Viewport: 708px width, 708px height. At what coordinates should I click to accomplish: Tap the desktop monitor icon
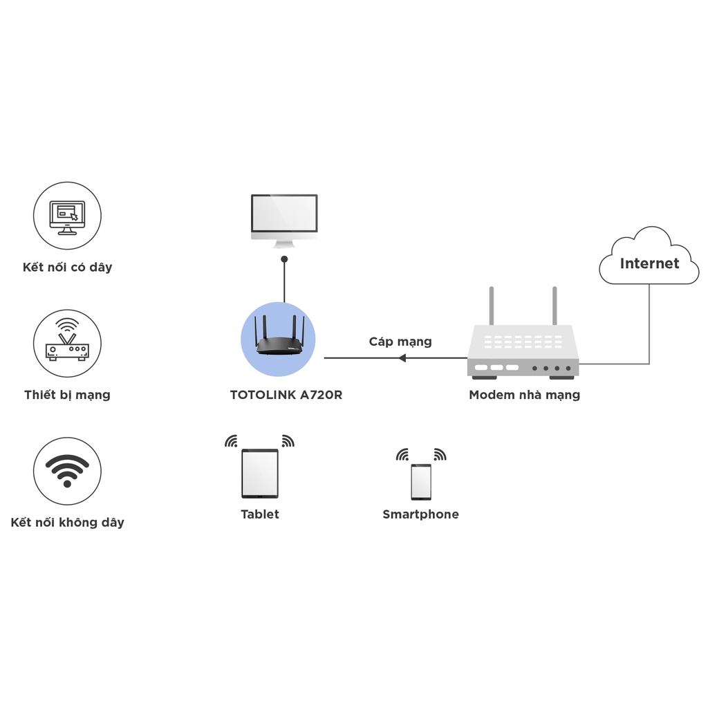(284, 219)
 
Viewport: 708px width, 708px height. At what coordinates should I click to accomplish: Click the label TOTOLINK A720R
(286, 395)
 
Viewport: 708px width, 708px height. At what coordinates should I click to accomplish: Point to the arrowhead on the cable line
(402, 358)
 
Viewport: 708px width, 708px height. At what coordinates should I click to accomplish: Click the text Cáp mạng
(400, 342)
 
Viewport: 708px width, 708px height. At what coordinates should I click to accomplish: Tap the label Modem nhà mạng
(524, 395)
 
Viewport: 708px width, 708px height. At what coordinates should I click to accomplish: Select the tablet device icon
(260, 474)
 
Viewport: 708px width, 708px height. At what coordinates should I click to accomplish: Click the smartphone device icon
(421, 482)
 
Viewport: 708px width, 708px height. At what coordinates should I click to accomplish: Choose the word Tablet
(260, 514)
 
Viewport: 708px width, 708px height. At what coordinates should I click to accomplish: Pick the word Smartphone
(420, 514)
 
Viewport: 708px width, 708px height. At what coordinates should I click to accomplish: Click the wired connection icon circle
(67, 216)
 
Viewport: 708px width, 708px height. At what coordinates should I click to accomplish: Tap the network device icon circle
(67, 343)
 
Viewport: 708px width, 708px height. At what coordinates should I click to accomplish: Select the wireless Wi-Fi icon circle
(67, 471)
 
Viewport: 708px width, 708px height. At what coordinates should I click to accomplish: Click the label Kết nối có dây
(67, 268)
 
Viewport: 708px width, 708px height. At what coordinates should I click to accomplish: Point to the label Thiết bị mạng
(67, 395)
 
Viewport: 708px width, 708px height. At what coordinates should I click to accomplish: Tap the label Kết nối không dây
(67, 523)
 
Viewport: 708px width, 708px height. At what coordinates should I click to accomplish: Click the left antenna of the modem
(492, 306)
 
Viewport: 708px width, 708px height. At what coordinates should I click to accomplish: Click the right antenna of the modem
(555, 306)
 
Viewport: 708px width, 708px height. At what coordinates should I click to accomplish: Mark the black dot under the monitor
(284, 259)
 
